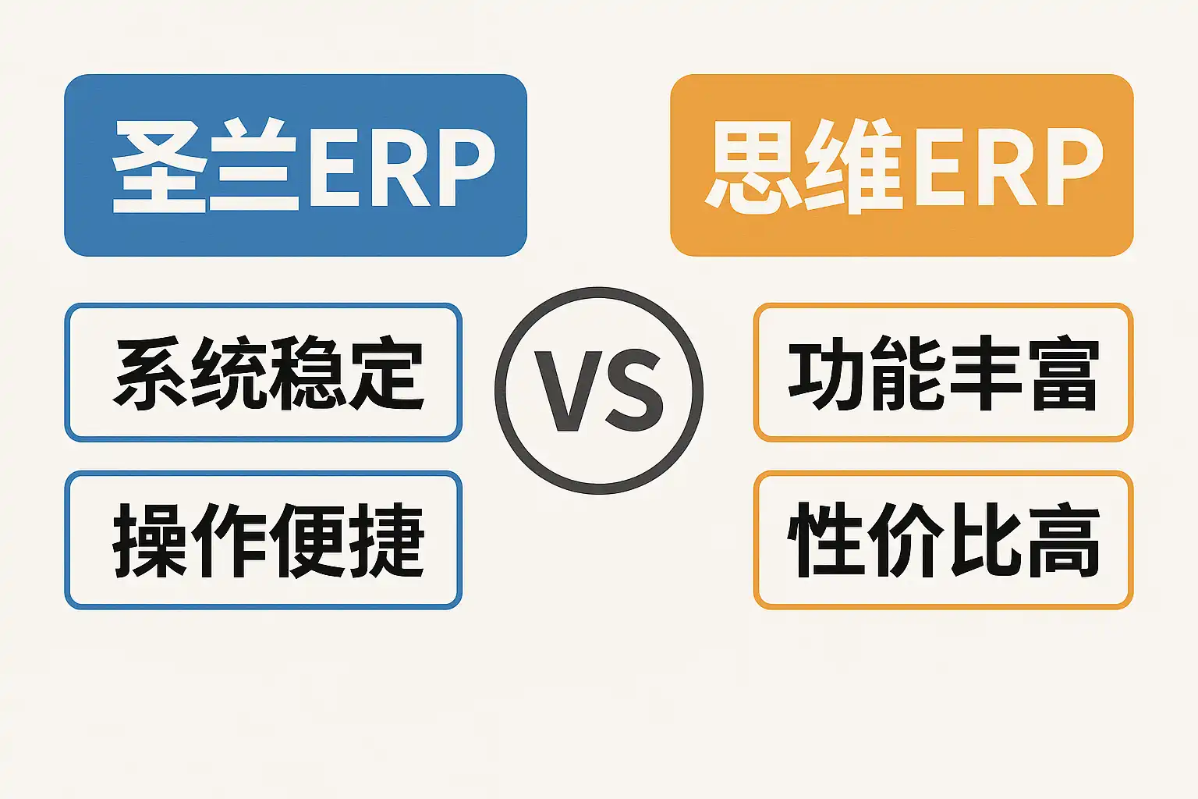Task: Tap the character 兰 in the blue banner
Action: pyautogui.click(x=253, y=166)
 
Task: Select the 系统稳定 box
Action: pyautogui.click(x=264, y=373)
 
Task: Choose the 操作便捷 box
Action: pyautogui.click(x=264, y=540)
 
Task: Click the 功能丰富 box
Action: pyautogui.click(x=943, y=373)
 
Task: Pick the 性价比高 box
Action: pyautogui.click(x=943, y=540)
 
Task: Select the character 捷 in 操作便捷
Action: pyautogui.click(x=386, y=540)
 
